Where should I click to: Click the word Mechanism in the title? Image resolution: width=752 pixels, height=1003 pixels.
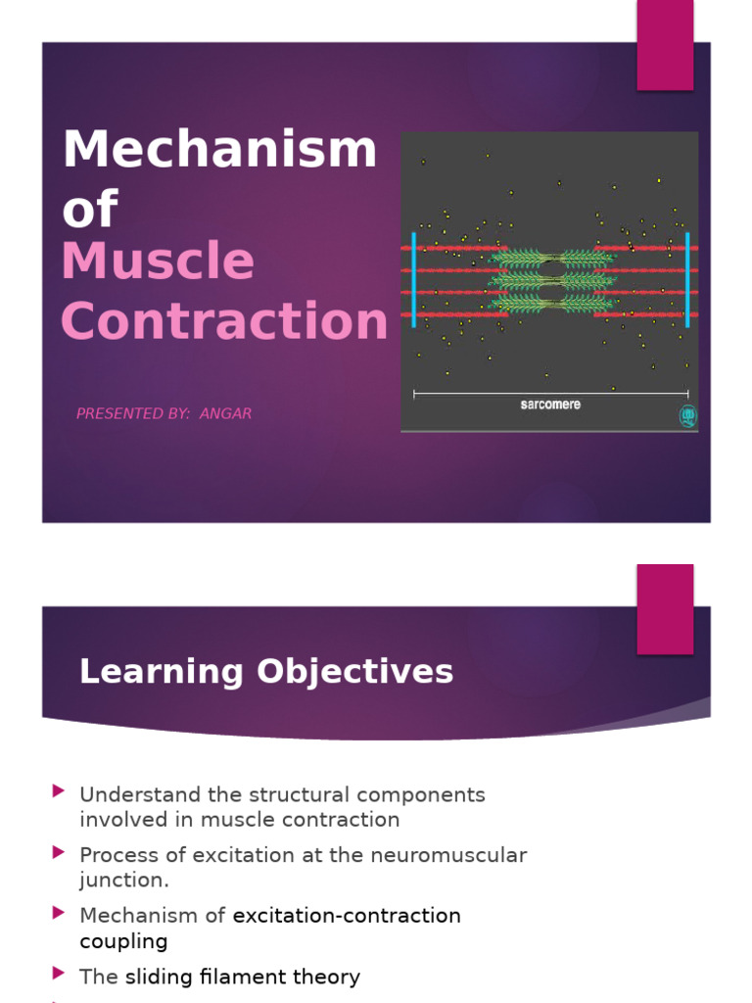(219, 150)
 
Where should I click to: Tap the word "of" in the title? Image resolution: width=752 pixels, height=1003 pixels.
(89, 210)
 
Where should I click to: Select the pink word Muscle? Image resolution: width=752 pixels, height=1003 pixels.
(158, 263)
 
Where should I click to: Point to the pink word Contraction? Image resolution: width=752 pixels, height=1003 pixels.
(224, 321)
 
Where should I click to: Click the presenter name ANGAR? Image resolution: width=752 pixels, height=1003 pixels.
(225, 413)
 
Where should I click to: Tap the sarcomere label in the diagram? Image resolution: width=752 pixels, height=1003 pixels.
(550, 405)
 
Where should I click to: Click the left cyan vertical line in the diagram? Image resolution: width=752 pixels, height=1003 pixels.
(414, 279)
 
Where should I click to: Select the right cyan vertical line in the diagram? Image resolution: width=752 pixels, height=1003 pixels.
(687, 279)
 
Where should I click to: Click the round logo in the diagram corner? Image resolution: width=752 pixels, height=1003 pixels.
(687, 415)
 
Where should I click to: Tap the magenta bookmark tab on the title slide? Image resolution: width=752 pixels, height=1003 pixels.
(665, 44)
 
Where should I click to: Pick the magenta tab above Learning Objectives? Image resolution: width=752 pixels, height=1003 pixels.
(665, 608)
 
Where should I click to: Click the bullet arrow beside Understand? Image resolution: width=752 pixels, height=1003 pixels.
(60, 790)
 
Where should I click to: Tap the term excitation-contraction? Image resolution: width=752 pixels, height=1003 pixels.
(347, 916)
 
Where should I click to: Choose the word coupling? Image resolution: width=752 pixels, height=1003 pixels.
(123, 941)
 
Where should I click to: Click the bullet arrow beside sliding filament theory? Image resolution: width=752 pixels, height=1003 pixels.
(60, 974)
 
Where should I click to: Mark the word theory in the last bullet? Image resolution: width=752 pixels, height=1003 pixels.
(328, 977)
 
